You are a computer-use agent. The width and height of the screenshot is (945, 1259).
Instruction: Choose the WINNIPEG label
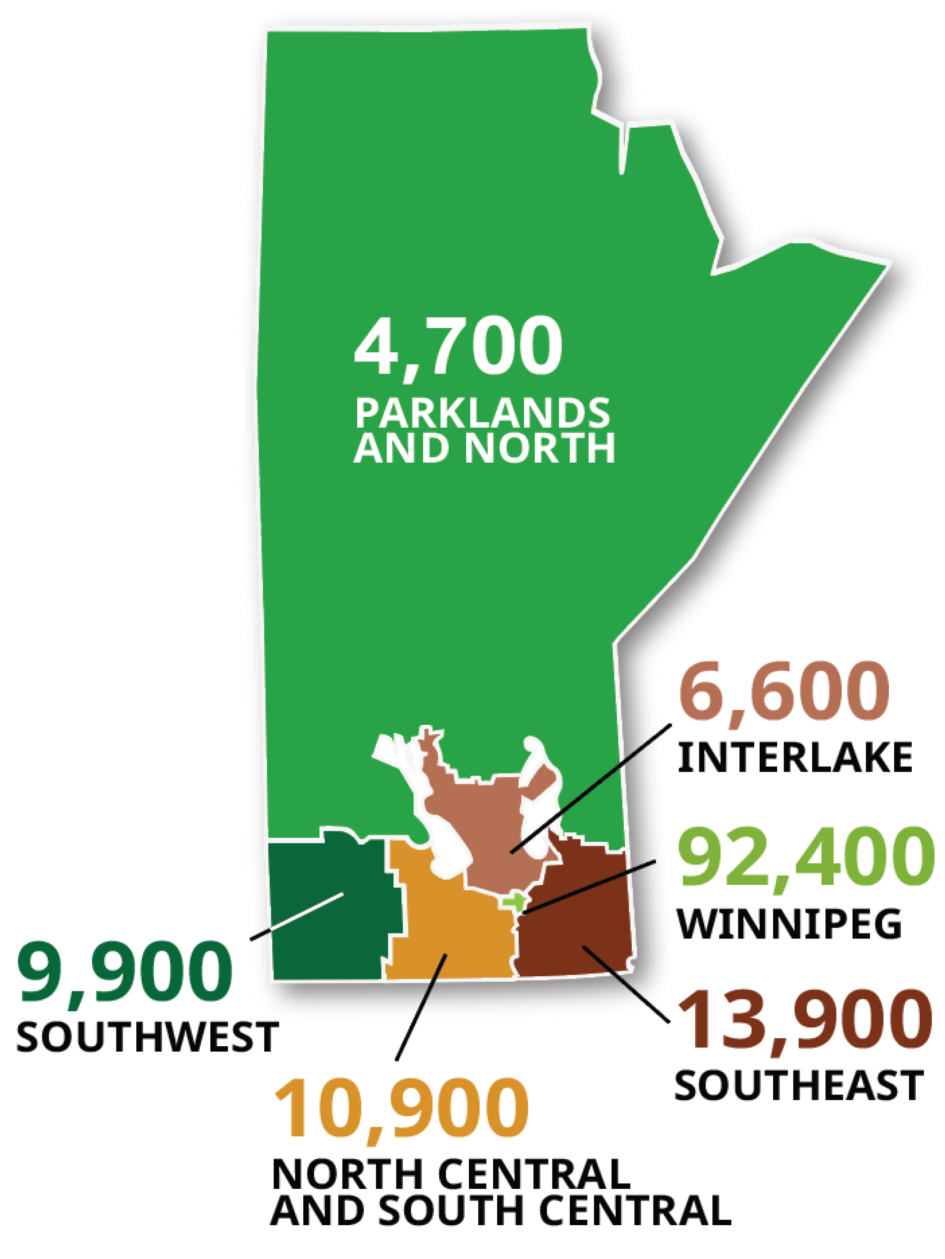coord(789,923)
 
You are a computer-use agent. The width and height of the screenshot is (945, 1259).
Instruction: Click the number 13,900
coord(804,1019)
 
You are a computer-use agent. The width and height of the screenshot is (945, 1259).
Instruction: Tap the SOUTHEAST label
coord(798,1085)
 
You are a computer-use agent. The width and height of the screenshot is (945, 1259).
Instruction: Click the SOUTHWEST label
coord(147,1036)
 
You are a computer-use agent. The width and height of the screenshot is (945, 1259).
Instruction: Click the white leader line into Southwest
coord(296,916)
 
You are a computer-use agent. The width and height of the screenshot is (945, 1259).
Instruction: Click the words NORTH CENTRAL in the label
coord(450,1174)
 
